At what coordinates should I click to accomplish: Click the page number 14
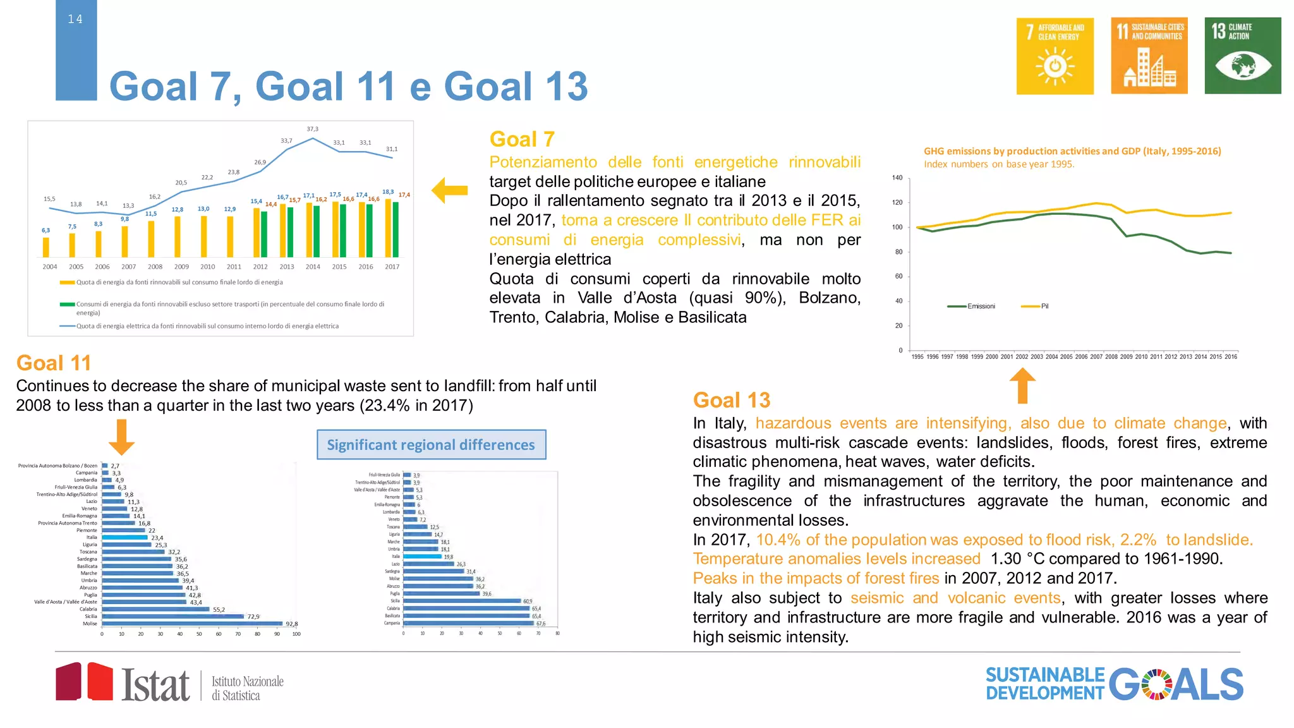click(75, 20)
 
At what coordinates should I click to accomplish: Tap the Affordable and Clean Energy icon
click(1055, 56)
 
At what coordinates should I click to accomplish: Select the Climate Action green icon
click(1242, 56)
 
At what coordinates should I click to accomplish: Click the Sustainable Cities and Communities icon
click(1149, 56)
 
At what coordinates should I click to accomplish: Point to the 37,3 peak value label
click(312, 129)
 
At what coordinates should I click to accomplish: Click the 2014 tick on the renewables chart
click(313, 267)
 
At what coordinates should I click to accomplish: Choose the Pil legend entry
click(1044, 306)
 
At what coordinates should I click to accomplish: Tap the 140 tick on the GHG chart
click(897, 178)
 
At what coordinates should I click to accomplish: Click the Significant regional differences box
click(431, 445)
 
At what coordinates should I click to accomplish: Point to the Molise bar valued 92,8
click(192, 624)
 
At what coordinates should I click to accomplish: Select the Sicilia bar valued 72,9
click(172, 616)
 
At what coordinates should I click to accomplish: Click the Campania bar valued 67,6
click(468, 623)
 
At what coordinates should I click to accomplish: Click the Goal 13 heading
click(731, 400)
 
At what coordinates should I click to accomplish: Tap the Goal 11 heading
click(54, 363)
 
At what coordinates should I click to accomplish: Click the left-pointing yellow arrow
click(449, 190)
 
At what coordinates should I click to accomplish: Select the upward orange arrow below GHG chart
click(1022, 385)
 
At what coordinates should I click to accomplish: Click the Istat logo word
click(155, 685)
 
